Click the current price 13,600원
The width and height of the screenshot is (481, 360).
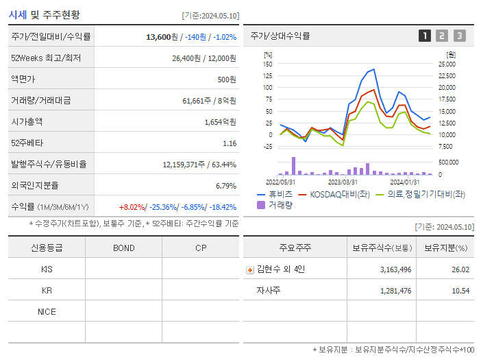click(162, 37)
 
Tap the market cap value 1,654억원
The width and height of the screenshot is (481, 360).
click(220, 122)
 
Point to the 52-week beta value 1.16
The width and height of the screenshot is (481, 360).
click(230, 143)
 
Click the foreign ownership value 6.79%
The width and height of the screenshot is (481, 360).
click(225, 186)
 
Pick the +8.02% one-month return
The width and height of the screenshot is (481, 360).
click(132, 207)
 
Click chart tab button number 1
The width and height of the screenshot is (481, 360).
click(425, 36)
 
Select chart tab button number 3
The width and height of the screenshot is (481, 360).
click(459, 36)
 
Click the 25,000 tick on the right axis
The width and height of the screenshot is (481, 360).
click(446, 64)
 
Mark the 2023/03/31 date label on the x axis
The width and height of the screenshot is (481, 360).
click(343, 182)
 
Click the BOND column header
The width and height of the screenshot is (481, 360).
click(123, 248)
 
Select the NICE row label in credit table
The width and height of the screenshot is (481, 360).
click(47, 312)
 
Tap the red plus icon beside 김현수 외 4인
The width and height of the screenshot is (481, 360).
click(250, 269)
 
